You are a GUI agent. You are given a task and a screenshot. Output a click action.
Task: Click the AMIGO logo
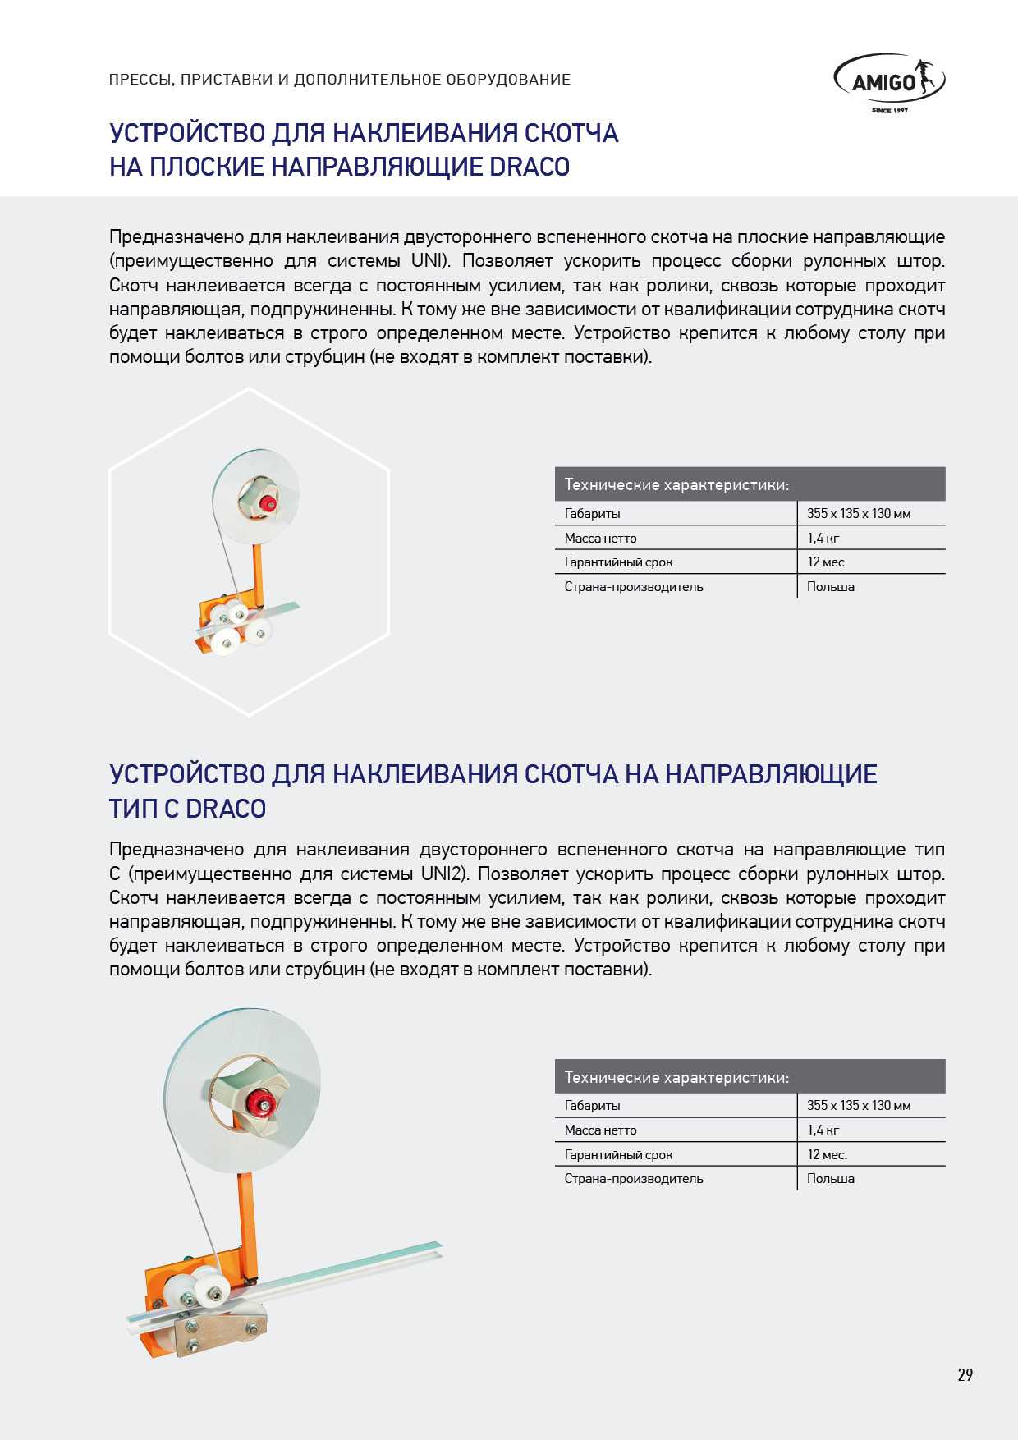[889, 81]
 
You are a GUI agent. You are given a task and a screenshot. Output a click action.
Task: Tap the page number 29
[965, 1375]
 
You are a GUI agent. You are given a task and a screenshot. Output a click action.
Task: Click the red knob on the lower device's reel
[262, 1102]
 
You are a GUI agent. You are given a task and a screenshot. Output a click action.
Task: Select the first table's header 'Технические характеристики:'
[676, 485]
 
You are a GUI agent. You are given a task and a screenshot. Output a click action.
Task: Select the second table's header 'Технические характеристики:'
[676, 1077]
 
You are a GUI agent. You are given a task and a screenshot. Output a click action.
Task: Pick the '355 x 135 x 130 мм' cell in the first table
[859, 514]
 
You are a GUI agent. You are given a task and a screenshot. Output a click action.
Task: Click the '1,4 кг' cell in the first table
[823, 539]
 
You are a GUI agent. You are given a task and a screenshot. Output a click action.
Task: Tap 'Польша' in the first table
[830, 587]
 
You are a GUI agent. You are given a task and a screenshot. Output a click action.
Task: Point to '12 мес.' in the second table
[827, 1155]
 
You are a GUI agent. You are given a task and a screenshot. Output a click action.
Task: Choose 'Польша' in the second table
[830, 1179]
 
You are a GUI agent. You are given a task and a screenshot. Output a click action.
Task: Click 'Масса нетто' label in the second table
[600, 1130]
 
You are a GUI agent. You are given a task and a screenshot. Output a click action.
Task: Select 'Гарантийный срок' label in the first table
[618, 562]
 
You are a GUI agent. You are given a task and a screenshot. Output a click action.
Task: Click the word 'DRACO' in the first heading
[530, 167]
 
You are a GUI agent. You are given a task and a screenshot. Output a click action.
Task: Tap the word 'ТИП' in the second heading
[133, 809]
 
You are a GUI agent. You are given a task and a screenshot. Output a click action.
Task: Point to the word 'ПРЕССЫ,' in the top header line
[140, 80]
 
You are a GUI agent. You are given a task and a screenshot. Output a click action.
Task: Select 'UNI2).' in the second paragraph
[448, 874]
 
